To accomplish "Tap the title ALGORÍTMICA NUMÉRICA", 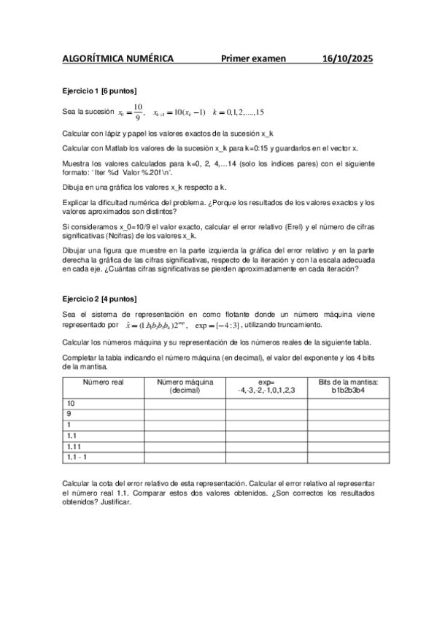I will click(x=117, y=59).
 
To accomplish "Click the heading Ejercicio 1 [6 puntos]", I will click(x=99, y=91).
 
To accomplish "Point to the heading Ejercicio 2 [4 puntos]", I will click(x=99, y=299).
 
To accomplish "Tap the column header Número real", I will click(x=103, y=382).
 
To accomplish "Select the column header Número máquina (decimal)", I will click(x=185, y=386).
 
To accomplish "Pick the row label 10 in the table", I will click(x=71, y=404).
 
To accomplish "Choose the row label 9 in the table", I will click(x=69, y=414).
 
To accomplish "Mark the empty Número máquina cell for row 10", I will click(x=185, y=404).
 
